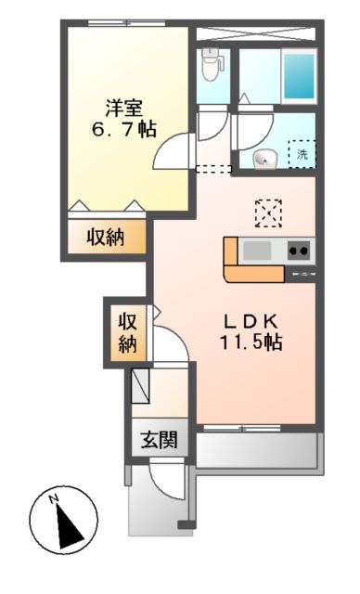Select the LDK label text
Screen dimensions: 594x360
tap(249, 320)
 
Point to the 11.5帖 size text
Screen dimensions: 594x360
tap(249, 342)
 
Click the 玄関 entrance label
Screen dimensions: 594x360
tap(159, 440)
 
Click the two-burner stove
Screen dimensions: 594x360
tap(299, 250)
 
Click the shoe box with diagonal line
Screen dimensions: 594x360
tap(143, 384)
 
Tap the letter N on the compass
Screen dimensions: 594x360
tap(54, 502)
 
